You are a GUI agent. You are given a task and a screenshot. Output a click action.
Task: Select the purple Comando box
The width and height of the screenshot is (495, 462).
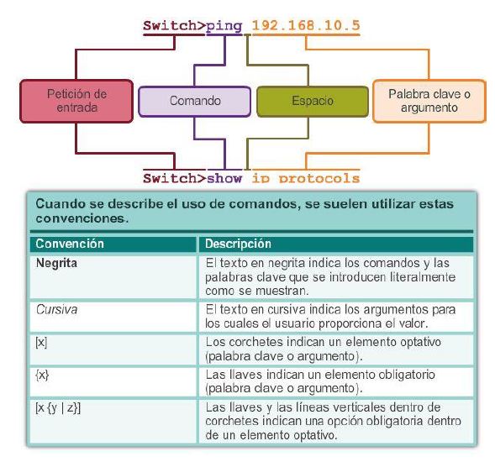click(x=195, y=101)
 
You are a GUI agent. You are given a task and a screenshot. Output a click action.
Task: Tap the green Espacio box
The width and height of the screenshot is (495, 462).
click(x=312, y=101)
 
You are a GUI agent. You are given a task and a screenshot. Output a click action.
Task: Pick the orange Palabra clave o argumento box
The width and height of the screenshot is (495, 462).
click(x=429, y=101)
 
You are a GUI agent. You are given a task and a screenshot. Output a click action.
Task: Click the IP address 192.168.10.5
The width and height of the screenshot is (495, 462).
click(x=305, y=25)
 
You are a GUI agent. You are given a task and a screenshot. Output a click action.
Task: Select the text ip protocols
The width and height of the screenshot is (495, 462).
click(x=305, y=177)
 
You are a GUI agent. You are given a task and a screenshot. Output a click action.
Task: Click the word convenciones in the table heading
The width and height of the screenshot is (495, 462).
click(x=81, y=219)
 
